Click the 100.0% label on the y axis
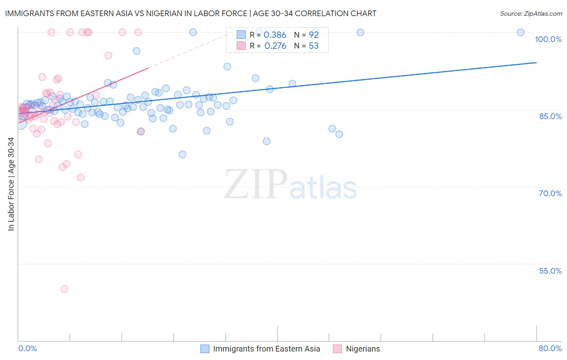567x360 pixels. (x=548, y=39)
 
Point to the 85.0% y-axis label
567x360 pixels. (x=550, y=116)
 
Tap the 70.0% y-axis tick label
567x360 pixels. (x=550, y=193)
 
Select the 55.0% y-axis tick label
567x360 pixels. (x=550, y=271)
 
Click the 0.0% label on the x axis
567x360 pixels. (x=27, y=348)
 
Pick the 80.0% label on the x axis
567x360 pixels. (x=550, y=348)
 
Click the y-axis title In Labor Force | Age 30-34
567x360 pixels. (x=11, y=184)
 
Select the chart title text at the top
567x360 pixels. (x=191, y=13)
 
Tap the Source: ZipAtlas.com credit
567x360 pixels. (x=531, y=13)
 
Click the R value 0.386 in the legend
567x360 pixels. (x=275, y=35)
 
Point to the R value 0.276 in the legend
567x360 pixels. (x=275, y=46)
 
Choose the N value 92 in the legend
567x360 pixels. (x=314, y=35)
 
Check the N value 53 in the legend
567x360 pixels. (x=314, y=46)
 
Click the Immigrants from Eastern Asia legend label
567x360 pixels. (x=266, y=349)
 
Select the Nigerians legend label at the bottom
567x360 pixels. (x=363, y=349)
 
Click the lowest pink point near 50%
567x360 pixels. (x=64, y=289)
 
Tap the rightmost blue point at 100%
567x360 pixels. (x=521, y=32)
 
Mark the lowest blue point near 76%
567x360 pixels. (x=182, y=154)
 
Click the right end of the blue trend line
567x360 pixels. (x=536, y=63)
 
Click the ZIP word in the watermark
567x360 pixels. (x=256, y=185)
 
